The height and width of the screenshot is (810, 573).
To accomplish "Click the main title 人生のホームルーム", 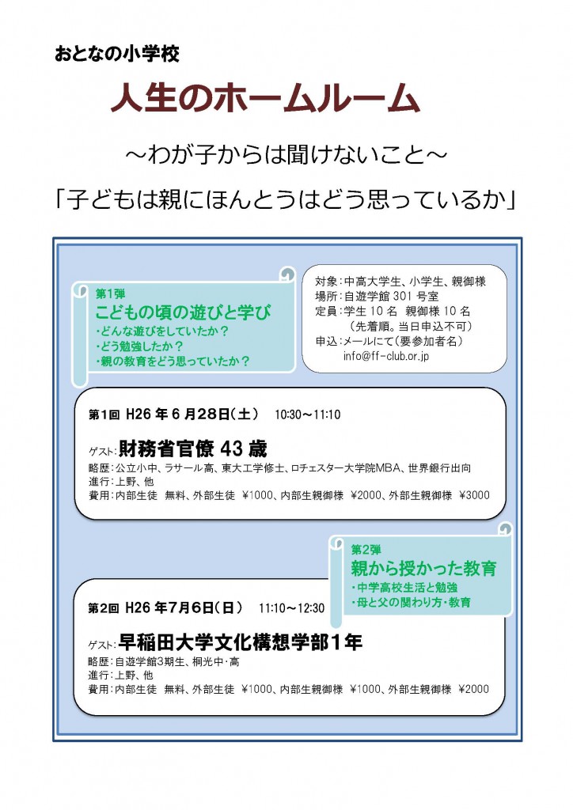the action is point(265,97).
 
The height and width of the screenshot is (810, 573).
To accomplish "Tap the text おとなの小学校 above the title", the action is point(117,54).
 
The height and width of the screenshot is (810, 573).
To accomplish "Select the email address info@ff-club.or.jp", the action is point(386,356).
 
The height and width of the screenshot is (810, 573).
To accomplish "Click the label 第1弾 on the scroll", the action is point(110,294).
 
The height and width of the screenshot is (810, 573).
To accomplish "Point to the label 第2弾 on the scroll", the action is point(366,549).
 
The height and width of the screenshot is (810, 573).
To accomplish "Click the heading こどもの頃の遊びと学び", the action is point(183,312).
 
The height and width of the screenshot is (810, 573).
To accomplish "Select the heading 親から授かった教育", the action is point(423,568).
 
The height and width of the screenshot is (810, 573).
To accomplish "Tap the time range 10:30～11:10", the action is point(307,414).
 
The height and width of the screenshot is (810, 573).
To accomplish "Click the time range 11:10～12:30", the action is point(291,608).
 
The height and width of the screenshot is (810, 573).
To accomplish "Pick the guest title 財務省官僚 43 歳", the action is point(193,449).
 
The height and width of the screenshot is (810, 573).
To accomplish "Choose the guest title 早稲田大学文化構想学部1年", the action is point(241,642).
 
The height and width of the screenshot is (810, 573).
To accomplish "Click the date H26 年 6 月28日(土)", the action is point(192,414).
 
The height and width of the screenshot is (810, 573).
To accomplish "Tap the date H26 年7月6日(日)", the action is point(184,608).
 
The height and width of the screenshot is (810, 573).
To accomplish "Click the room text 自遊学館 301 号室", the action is point(391,296).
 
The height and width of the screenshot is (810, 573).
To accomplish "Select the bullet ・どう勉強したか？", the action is point(139,346).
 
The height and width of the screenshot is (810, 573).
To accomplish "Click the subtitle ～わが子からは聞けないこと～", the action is point(286,154).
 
